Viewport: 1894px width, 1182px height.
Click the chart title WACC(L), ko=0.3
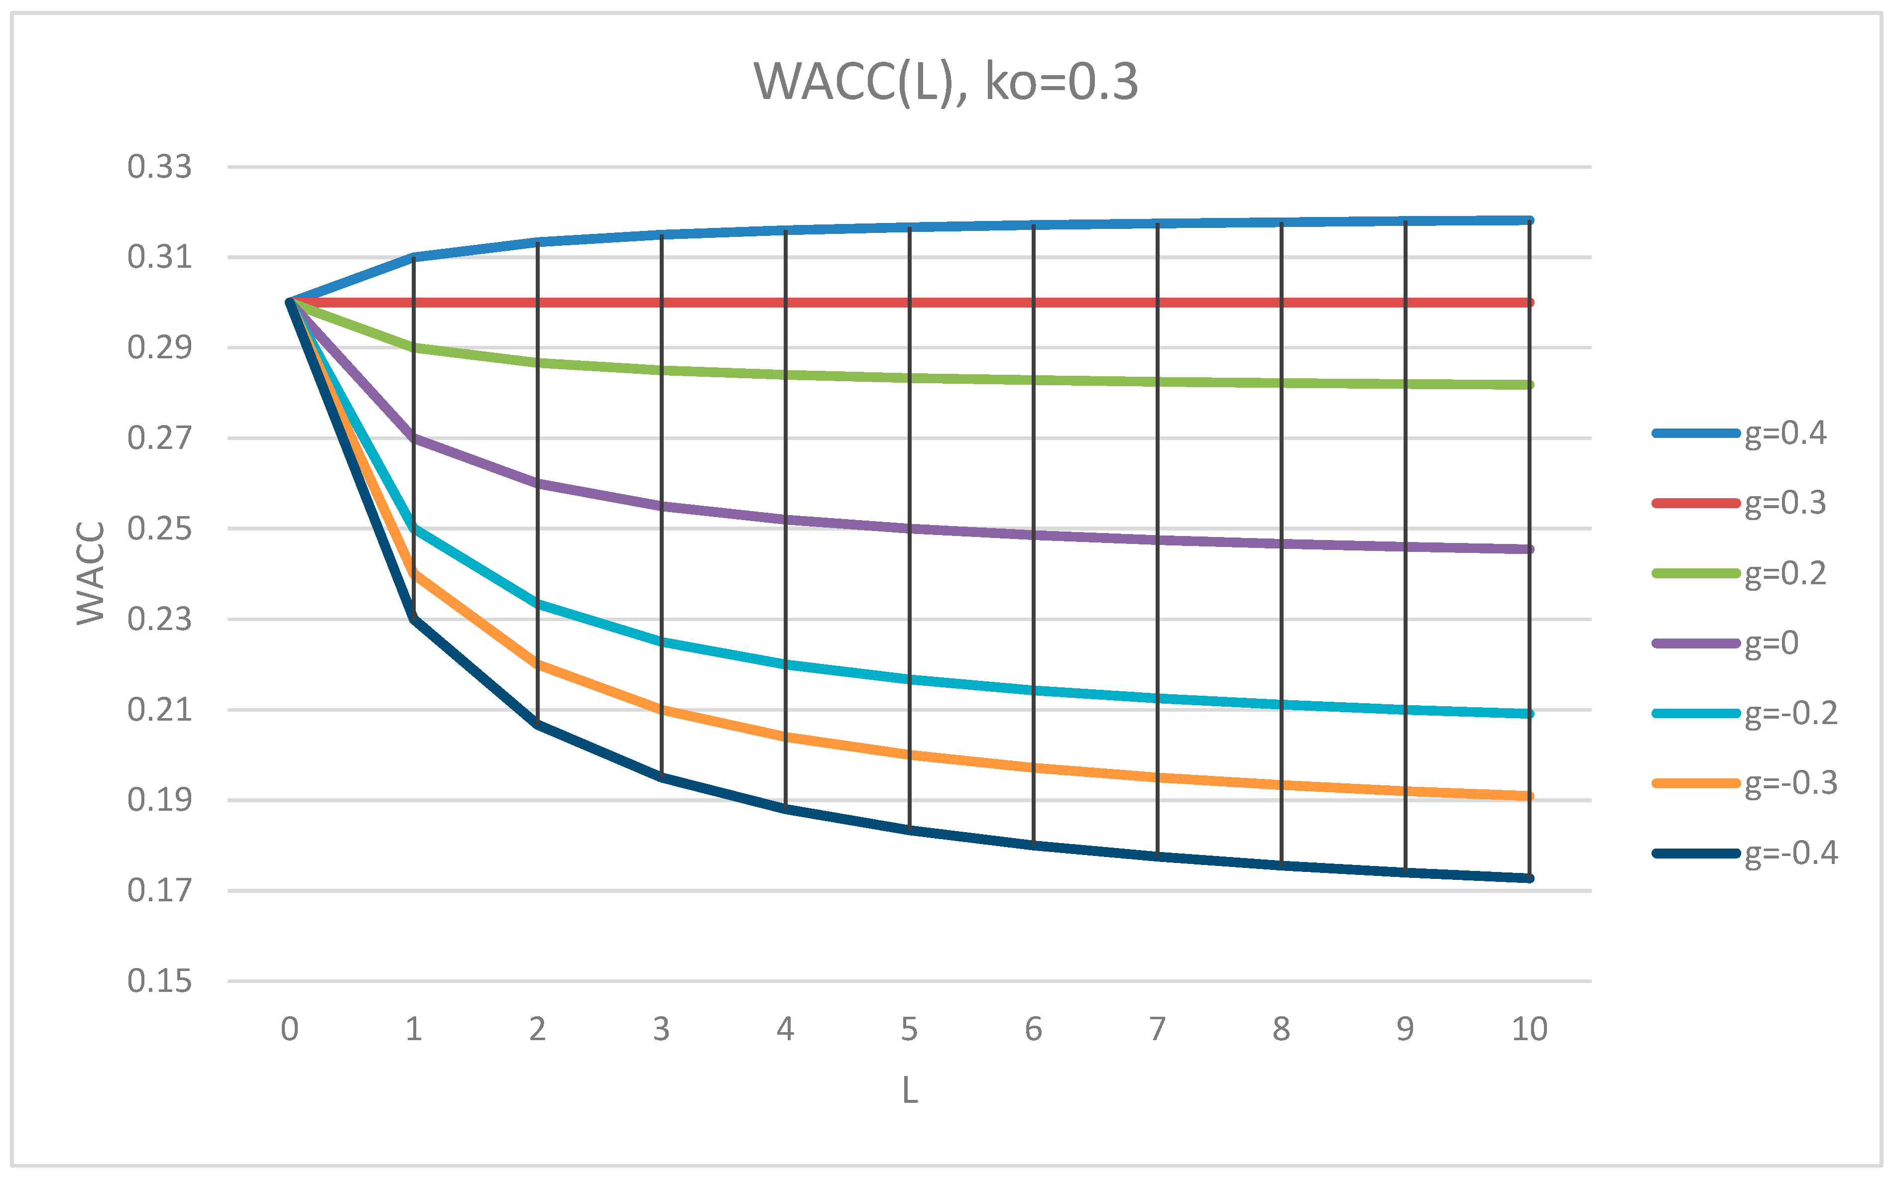pos(946,81)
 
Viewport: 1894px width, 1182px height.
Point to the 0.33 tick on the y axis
pos(159,167)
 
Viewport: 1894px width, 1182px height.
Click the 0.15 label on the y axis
pos(159,981)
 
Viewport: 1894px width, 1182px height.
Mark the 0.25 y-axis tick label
pos(159,529)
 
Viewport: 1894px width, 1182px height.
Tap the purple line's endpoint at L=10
pos(1529,549)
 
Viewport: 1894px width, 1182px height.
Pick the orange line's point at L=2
pos(537,664)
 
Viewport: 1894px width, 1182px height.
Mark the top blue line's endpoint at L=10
pos(1529,220)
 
